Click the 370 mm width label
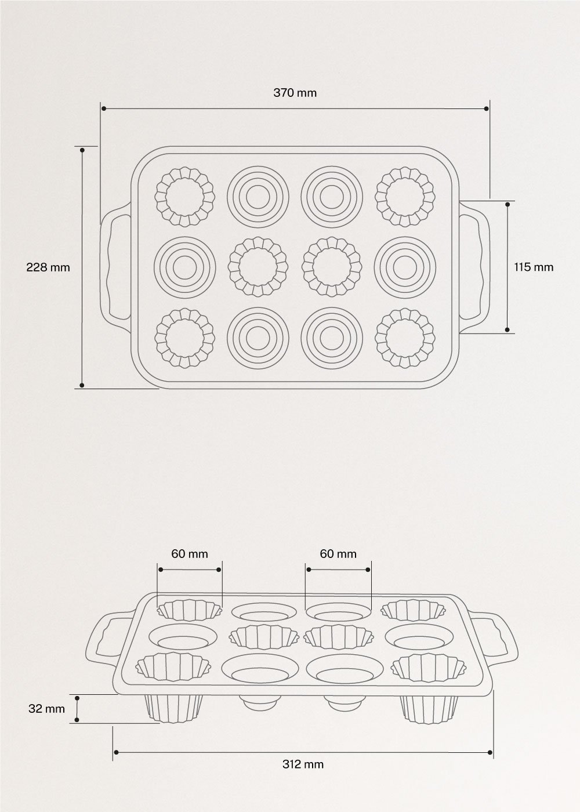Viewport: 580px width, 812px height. coord(295,92)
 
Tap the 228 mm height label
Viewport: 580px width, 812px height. coord(48,267)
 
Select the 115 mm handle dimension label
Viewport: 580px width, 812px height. coord(534,267)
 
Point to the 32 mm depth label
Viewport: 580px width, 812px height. coord(47,708)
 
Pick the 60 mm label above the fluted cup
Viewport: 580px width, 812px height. coord(189,553)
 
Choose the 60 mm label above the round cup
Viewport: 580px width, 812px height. coord(338,553)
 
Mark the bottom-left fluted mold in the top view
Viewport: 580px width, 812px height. coord(185,339)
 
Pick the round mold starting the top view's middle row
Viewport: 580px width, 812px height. coord(185,267)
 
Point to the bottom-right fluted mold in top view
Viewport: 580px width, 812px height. coord(405,339)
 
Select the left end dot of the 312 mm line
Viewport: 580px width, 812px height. coord(116,752)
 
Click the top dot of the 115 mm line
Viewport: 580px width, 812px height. coord(507,204)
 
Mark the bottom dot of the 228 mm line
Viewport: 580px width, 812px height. coord(82,385)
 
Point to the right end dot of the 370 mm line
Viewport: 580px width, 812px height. coord(487,108)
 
